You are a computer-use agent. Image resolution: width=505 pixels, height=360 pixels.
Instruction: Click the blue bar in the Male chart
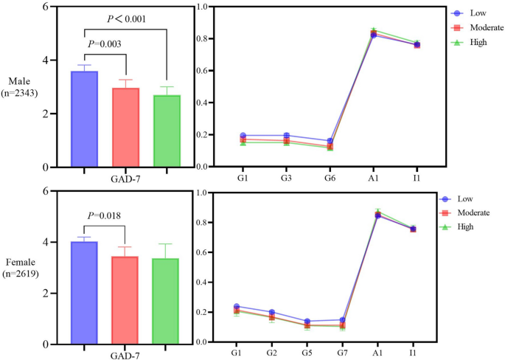coord(84,119)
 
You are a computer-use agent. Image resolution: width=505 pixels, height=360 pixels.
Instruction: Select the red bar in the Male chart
coord(125,128)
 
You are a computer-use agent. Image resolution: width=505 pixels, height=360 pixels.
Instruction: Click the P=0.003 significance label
coord(105,44)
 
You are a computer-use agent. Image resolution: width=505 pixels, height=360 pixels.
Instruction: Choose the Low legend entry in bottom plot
coord(464,198)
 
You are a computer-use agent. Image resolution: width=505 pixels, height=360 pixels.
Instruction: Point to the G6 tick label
coord(330,179)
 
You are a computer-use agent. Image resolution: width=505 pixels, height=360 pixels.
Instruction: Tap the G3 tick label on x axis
coord(287,179)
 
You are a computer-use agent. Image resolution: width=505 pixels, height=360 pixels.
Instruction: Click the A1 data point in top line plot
coord(374,34)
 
